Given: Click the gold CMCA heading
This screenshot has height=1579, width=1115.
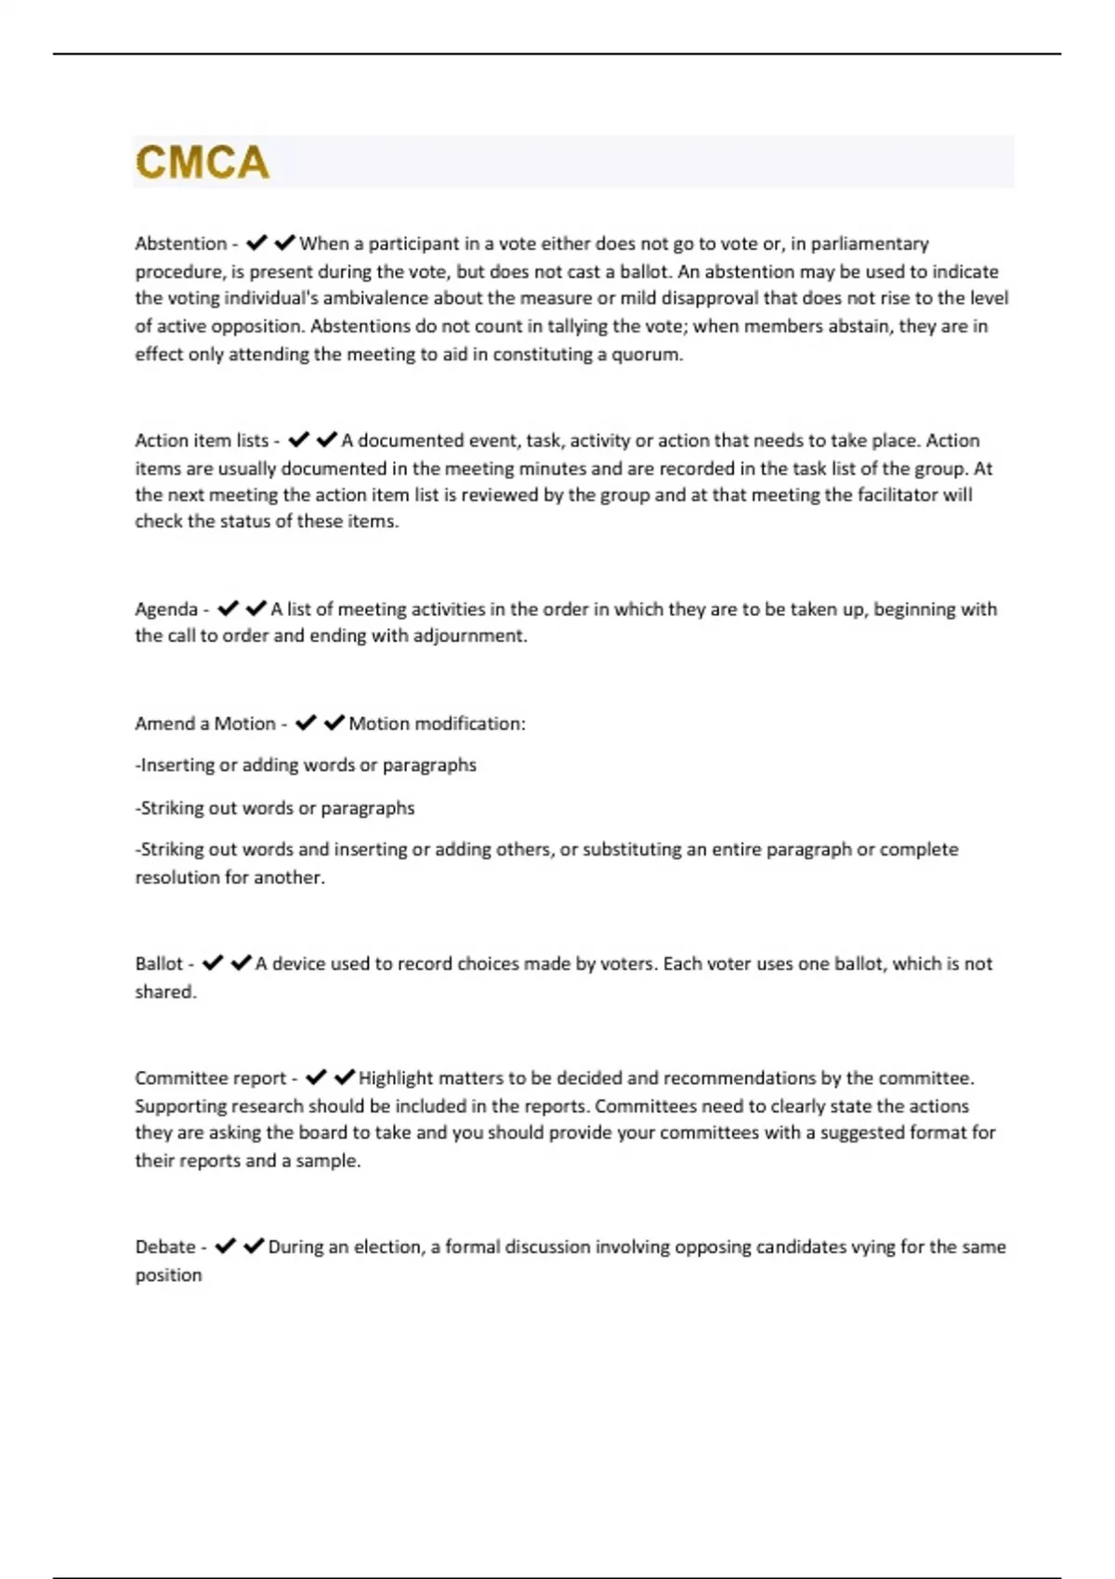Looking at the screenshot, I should pyautogui.click(x=203, y=163).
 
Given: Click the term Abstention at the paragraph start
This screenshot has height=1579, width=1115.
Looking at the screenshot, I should pyautogui.click(x=180, y=244).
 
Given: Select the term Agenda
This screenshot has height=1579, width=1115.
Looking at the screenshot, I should pyautogui.click(x=166, y=609).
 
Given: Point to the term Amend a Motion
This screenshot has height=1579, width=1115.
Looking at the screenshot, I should pyautogui.click(x=205, y=724).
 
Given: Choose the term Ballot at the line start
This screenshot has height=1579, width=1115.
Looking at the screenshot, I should pyautogui.click(x=159, y=964).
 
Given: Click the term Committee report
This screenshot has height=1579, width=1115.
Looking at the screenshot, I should pyautogui.click(x=210, y=1078).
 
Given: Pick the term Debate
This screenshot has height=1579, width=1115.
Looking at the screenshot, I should pyautogui.click(x=165, y=1247).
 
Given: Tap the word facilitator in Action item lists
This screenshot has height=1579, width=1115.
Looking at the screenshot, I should pyautogui.click(x=897, y=495).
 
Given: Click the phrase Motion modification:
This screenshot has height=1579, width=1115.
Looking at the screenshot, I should pyautogui.click(x=437, y=724).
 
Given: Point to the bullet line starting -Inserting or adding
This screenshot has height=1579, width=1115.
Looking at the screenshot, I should pyautogui.click(x=306, y=765).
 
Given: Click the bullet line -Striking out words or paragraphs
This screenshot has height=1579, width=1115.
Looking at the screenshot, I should pyautogui.click(x=275, y=808).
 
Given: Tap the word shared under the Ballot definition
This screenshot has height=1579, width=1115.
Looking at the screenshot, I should pyautogui.click(x=164, y=992).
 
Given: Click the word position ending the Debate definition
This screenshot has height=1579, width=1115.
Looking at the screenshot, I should pyautogui.click(x=168, y=1275).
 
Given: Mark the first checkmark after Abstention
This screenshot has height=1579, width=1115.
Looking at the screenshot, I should pyautogui.click(x=256, y=243).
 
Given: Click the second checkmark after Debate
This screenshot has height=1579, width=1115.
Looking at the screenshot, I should pyautogui.click(x=254, y=1246).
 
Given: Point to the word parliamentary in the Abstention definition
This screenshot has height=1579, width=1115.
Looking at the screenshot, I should pyautogui.click(x=870, y=244).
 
